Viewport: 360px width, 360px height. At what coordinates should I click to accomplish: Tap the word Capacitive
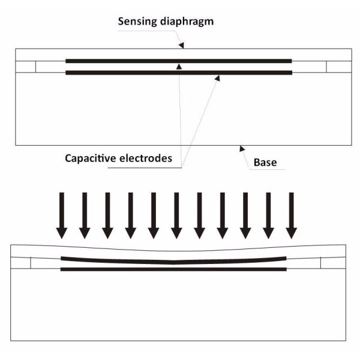point(91,159)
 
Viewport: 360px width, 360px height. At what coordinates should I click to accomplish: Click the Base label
point(265,163)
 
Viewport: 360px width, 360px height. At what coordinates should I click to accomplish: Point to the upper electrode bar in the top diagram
point(120,61)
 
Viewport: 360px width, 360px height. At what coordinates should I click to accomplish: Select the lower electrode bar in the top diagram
point(120,73)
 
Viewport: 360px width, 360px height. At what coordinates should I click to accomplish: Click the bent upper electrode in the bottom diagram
point(120,260)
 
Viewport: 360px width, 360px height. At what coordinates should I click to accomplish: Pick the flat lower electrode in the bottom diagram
point(120,269)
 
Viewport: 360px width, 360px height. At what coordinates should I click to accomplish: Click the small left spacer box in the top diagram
point(26,67)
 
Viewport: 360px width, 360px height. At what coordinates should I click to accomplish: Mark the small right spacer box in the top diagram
point(336,67)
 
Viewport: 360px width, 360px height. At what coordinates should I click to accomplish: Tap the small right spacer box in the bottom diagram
point(333,263)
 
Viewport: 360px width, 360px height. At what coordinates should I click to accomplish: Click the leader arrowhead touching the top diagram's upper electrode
point(178,65)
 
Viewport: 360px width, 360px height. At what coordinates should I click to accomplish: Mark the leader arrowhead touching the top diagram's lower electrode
point(218,76)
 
